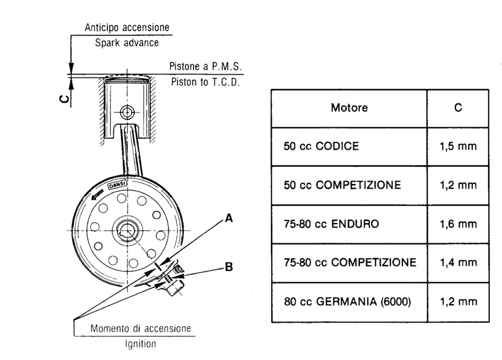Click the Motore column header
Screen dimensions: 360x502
[349, 108]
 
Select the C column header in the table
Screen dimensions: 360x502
[458, 108]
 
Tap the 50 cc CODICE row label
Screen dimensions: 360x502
[321, 146]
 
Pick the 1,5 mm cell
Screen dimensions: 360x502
[458, 146]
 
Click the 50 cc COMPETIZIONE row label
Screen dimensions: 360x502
[342, 185]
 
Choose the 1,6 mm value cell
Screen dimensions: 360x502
[458, 224]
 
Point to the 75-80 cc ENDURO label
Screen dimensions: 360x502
[331, 224]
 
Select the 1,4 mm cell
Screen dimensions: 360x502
[458, 262]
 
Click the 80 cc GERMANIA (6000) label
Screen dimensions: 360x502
[347, 302]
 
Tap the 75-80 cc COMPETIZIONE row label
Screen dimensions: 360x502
[350, 262]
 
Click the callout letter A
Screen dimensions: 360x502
[229, 218]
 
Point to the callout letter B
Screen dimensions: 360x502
[229, 267]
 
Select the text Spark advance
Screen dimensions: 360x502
[127, 43]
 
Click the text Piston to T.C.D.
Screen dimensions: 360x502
[205, 82]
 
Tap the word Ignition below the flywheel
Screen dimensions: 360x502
[141, 344]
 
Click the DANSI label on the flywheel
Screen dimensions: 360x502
[118, 185]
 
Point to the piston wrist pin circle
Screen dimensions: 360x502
[127, 113]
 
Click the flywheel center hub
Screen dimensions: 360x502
[127, 231]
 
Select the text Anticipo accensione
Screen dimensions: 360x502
[127, 28]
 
